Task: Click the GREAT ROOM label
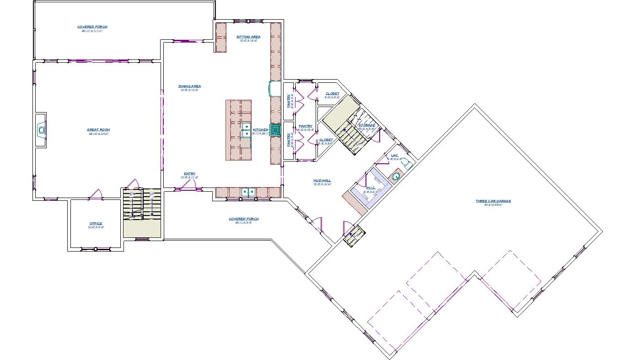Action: click(98, 130)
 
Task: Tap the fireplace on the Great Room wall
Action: click(42, 130)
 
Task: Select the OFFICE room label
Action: click(96, 224)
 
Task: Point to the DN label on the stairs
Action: click(133, 194)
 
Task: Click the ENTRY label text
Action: click(189, 174)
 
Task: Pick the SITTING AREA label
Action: click(248, 37)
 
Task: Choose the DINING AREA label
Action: click(189, 86)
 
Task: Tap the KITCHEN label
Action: click(260, 130)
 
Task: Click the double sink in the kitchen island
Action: click(246, 130)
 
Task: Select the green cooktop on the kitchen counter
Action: click(275, 130)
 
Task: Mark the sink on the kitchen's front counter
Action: click(248, 192)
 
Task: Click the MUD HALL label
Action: click(322, 181)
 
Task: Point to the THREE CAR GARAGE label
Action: click(493, 201)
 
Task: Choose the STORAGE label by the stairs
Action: click(367, 125)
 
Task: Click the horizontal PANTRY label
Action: click(306, 126)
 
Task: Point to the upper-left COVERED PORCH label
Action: click(92, 27)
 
